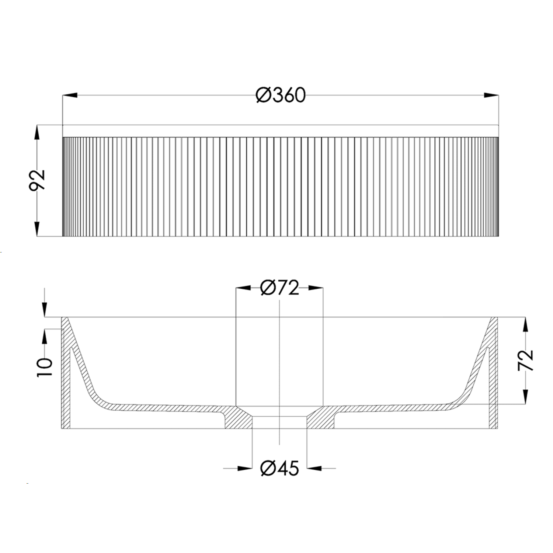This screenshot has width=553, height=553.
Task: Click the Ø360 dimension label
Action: click(x=281, y=95)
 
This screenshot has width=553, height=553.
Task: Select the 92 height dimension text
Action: click(x=37, y=180)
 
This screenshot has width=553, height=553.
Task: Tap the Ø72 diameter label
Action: click(x=279, y=288)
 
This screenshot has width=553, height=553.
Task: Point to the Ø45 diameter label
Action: click(x=279, y=469)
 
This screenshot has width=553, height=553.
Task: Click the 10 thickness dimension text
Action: click(x=45, y=367)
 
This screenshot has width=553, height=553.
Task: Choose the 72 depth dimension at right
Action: click(x=525, y=360)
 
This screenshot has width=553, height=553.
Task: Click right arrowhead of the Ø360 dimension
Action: click(x=491, y=95)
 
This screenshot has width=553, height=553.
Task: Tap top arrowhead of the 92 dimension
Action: click(x=37, y=132)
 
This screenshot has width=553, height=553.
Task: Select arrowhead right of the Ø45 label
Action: click(x=314, y=469)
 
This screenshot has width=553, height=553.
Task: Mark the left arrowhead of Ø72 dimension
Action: click(x=243, y=288)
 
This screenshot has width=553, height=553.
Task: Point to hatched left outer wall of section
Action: click(x=66, y=383)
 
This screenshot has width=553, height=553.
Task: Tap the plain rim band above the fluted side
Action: click(x=280, y=131)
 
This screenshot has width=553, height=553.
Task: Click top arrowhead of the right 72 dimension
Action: click(x=525, y=325)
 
